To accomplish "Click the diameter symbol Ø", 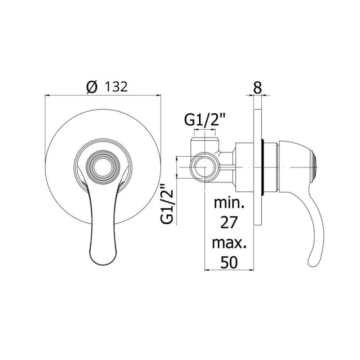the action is (92, 87).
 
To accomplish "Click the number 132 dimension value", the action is (116, 87).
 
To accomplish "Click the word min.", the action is (229, 203).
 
